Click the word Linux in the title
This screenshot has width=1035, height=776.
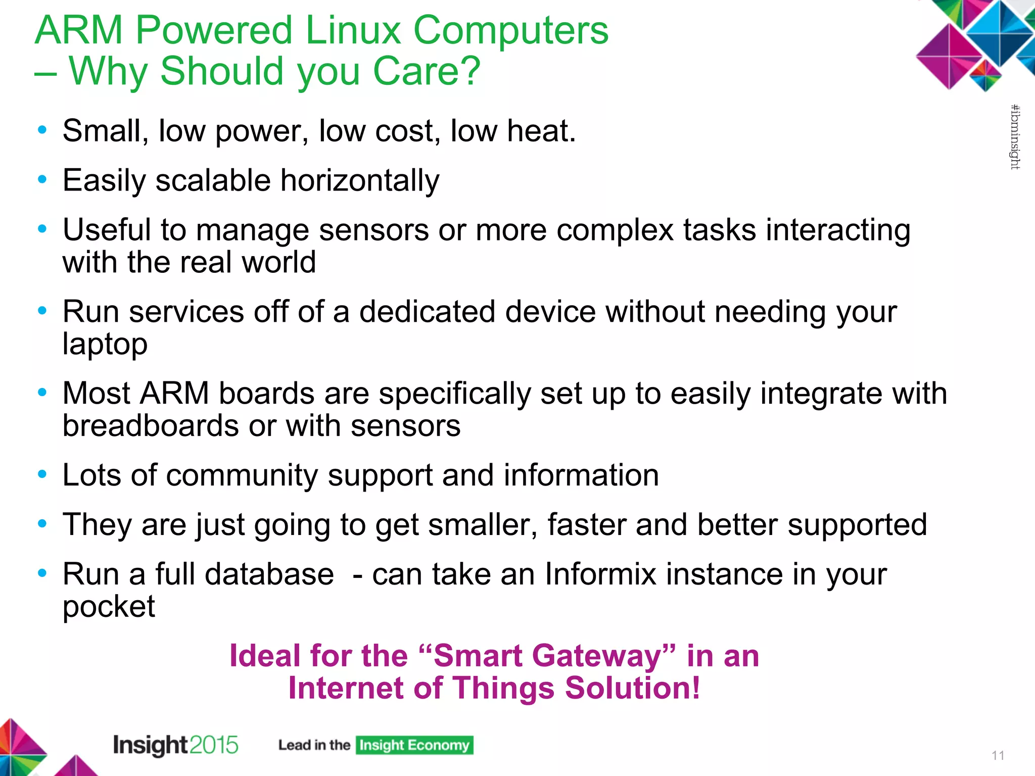click(x=353, y=30)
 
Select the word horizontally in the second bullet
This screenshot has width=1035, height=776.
click(x=360, y=180)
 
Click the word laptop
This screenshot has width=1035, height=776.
click(x=105, y=345)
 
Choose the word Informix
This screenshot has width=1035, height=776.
click(x=600, y=574)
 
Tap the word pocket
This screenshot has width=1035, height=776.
click(x=109, y=607)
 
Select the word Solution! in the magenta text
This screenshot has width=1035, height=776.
click(x=633, y=688)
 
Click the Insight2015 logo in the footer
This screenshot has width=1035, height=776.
click(x=175, y=745)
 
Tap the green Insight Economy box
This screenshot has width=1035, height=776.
click(x=414, y=745)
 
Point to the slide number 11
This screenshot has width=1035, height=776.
click(x=998, y=755)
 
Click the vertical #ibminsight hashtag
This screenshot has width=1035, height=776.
click(x=1015, y=137)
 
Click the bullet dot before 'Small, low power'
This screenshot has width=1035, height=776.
click(x=42, y=130)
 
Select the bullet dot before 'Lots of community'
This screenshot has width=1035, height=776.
click(x=42, y=474)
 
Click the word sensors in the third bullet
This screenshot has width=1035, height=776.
click(x=373, y=230)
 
